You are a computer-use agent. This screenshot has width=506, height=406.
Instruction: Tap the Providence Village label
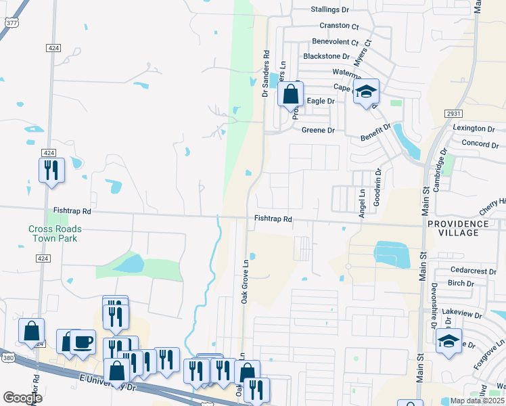(457, 228)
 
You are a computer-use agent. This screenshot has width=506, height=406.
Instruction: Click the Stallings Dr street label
(329, 9)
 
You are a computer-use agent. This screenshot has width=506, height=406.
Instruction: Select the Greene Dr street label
(318, 130)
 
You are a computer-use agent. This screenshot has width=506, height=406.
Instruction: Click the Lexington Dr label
(474, 128)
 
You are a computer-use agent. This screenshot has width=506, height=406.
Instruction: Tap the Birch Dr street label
(461, 283)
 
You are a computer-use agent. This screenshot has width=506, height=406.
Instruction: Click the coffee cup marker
(83, 342)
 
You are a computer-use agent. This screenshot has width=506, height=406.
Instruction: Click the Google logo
(22, 397)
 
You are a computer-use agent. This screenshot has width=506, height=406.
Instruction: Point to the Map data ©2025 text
(476, 401)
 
